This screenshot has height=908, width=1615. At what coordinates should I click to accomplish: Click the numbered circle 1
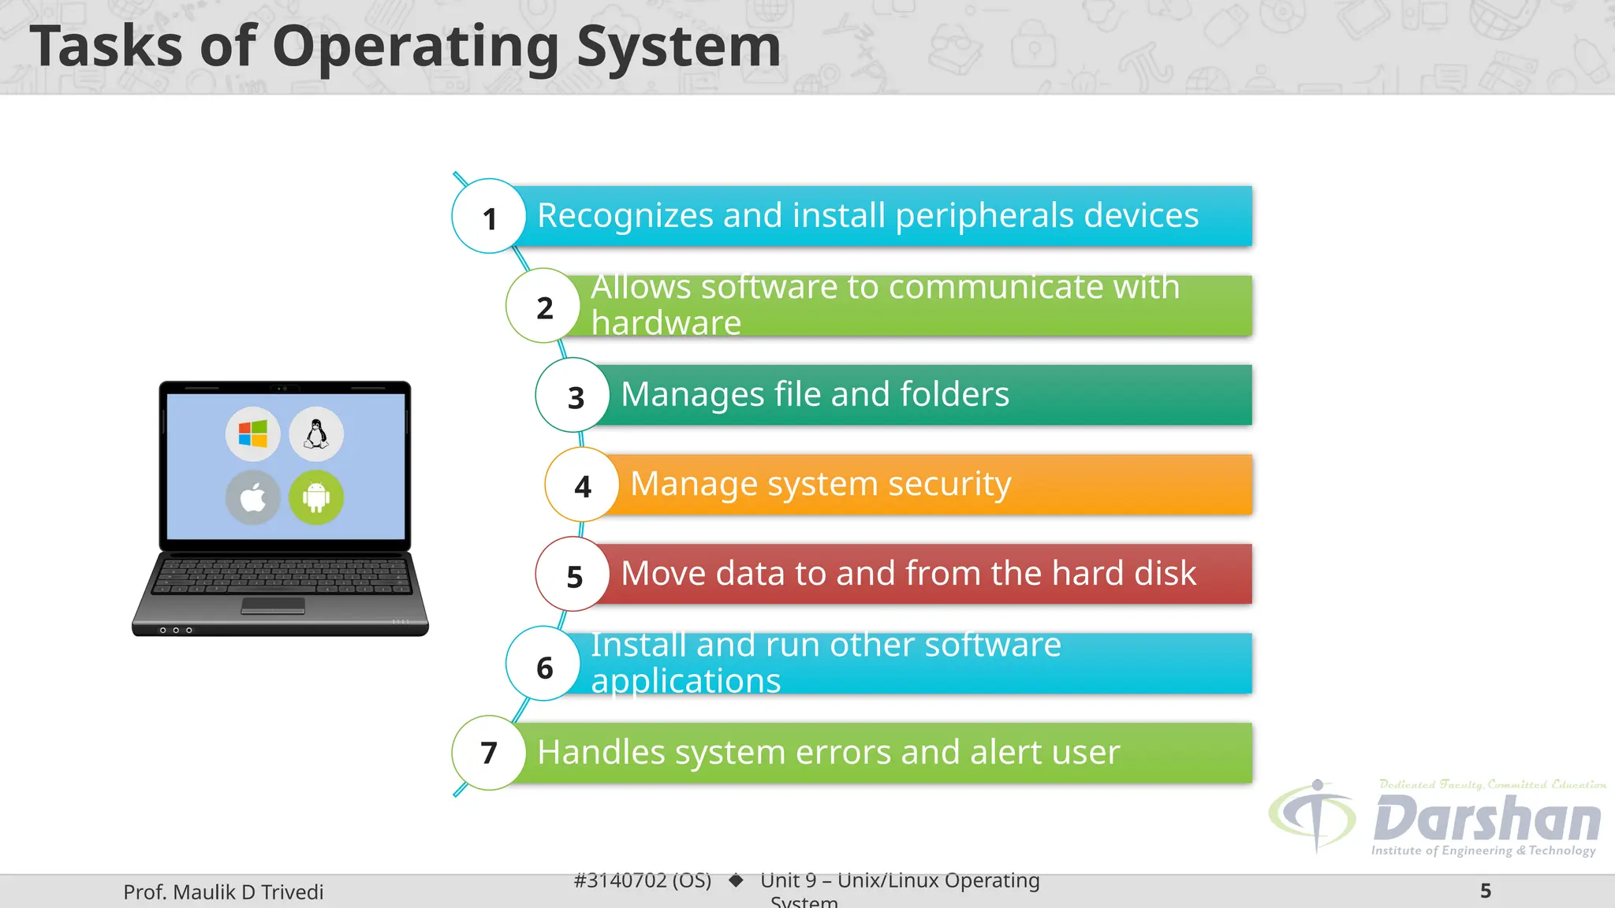[x=489, y=217]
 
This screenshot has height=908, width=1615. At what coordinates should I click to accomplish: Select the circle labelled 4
[x=582, y=486]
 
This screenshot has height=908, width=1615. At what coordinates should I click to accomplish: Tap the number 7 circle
[x=489, y=753]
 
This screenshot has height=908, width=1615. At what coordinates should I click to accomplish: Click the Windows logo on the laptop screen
[x=252, y=434]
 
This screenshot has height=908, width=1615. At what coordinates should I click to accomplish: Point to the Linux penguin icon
[x=316, y=434]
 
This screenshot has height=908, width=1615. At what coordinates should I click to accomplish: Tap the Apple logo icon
[x=252, y=498]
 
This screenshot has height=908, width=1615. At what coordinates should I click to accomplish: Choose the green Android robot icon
[x=316, y=498]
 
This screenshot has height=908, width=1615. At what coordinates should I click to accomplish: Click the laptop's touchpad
[x=273, y=605]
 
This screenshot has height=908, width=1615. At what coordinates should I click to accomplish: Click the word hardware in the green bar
[x=666, y=323]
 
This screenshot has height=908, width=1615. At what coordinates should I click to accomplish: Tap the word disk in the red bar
[x=1165, y=573]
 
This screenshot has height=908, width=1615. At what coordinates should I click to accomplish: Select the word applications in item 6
[x=686, y=681]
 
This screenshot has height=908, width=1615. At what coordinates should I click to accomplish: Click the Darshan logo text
[x=1487, y=820]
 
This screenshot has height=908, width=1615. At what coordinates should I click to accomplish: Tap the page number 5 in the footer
[x=1486, y=891]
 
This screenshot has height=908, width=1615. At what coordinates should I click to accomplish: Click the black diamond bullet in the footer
[x=736, y=880]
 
